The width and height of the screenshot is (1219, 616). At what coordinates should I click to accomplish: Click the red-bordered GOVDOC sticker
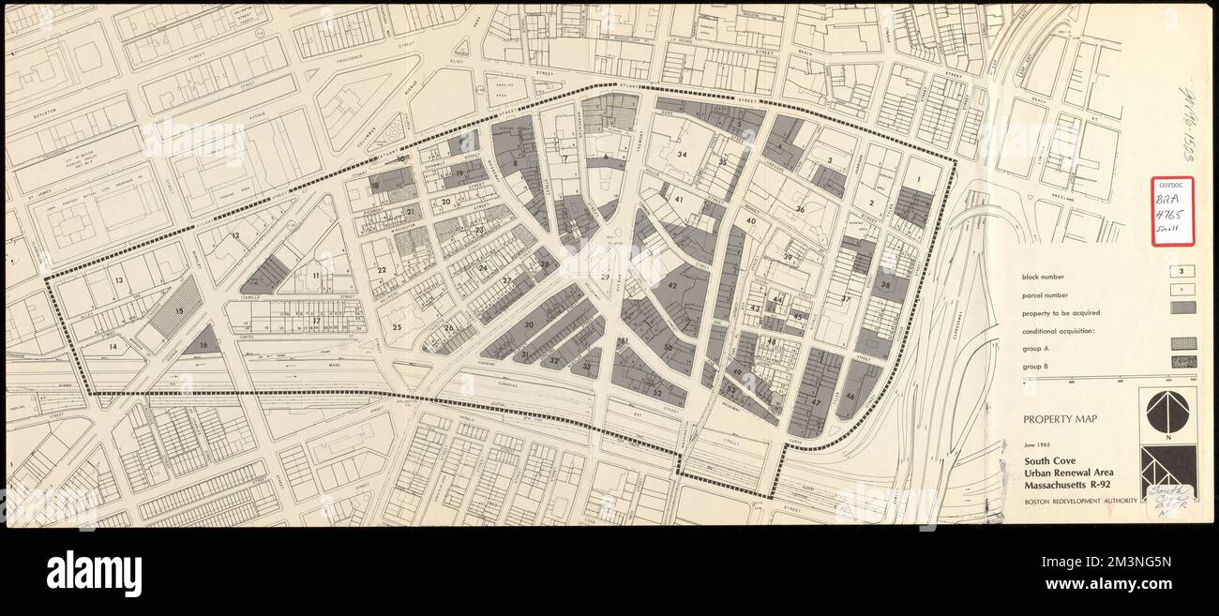[x=1172, y=211]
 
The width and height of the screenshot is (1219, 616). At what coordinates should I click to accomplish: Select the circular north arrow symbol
[x=1167, y=412]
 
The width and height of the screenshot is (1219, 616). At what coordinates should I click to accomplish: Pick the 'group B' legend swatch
[x=1182, y=361]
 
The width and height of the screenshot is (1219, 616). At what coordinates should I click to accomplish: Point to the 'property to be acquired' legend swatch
[x=1182, y=307]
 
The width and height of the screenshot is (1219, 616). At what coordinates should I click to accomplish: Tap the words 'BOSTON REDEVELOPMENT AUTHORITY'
[x=1079, y=502]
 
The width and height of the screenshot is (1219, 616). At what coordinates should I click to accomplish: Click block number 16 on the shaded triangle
[x=203, y=345]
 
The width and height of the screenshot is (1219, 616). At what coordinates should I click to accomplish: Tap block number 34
[x=683, y=155]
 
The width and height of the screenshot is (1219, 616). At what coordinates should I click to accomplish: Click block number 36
[x=800, y=209]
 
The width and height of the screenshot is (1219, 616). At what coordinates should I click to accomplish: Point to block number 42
[x=672, y=286]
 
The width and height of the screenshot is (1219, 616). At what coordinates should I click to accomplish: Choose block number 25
[x=397, y=327]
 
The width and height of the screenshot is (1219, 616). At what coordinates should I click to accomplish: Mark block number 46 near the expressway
[x=850, y=396]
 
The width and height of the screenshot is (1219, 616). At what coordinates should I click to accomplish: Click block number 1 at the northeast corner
[x=920, y=178]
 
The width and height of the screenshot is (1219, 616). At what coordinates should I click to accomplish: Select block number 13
[x=119, y=280]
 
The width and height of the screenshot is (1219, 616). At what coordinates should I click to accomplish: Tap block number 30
[x=529, y=324]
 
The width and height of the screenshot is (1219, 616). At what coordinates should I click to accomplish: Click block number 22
[x=382, y=270]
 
